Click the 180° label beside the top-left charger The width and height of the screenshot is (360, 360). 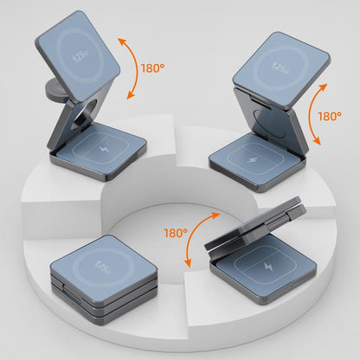(x=152, y=68)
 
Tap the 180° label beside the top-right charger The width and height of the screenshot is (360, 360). (x=330, y=116)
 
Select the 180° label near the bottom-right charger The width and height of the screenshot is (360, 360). (x=176, y=233)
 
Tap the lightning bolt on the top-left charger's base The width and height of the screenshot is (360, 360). (x=103, y=149)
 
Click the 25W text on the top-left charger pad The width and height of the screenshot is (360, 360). (x=80, y=56)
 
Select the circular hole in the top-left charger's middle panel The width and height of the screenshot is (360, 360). (x=86, y=114)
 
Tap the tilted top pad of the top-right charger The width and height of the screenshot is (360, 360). (x=281, y=69)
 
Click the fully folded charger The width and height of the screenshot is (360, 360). (x=104, y=280)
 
